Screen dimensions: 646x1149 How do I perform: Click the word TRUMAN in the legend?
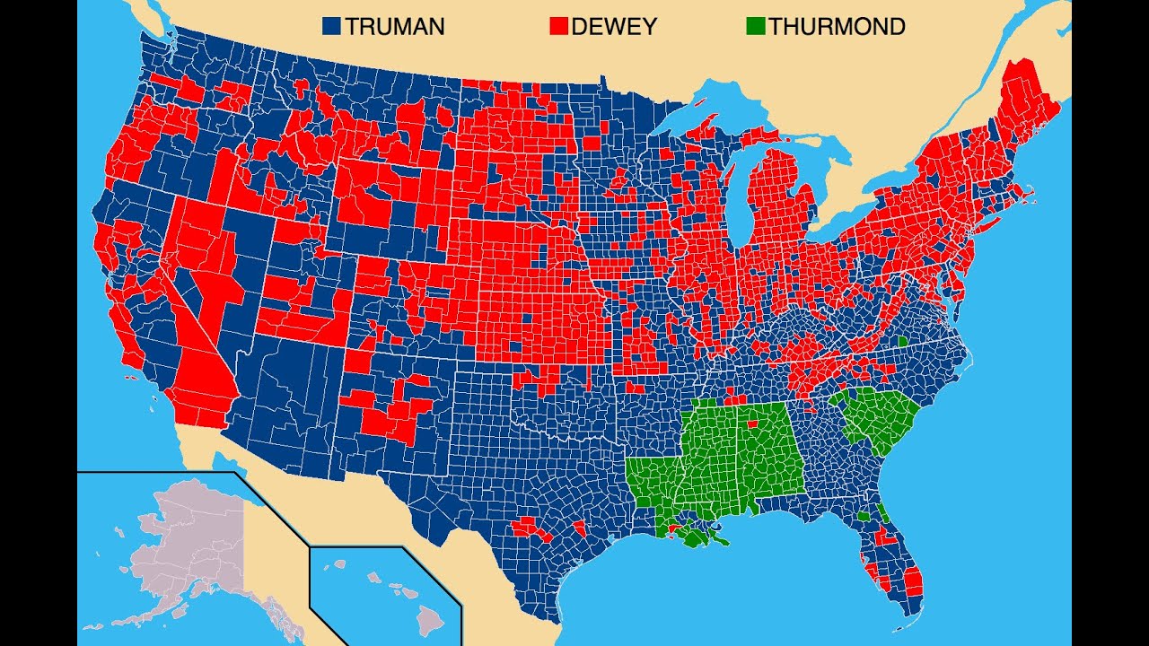(394, 27)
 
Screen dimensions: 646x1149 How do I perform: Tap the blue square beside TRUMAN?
(332, 27)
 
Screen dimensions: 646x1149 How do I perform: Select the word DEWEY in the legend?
(616, 27)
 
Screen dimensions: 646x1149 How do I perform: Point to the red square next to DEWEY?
(558, 27)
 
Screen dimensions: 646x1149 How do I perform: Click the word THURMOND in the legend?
(837, 27)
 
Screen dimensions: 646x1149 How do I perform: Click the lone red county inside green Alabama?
(751, 423)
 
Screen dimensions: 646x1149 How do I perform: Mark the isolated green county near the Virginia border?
(902, 342)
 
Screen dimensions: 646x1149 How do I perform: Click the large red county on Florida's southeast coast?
(913, 581)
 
